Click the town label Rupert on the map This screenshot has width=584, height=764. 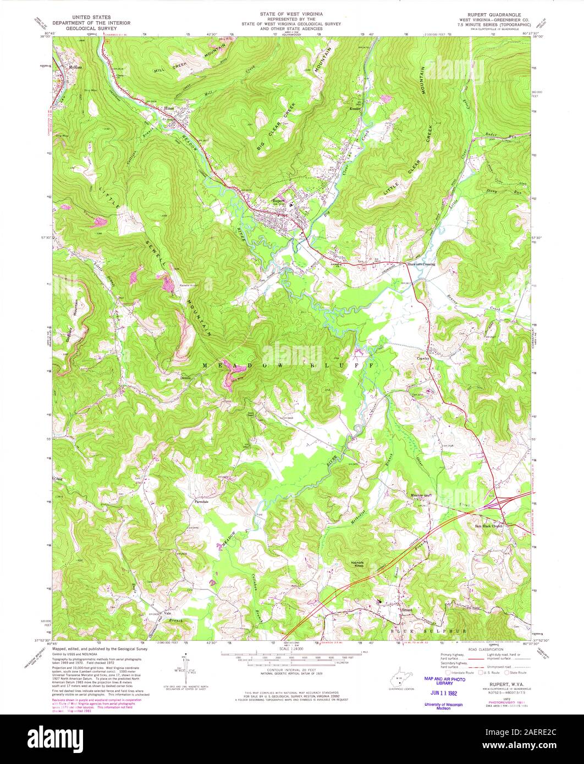tap(278, 201)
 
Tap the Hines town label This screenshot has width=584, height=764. tap(169, 108)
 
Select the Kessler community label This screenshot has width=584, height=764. tap(355, 109)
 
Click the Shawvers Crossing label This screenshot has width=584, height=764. tap(421, 264)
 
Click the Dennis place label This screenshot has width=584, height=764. tap(184, 378)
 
